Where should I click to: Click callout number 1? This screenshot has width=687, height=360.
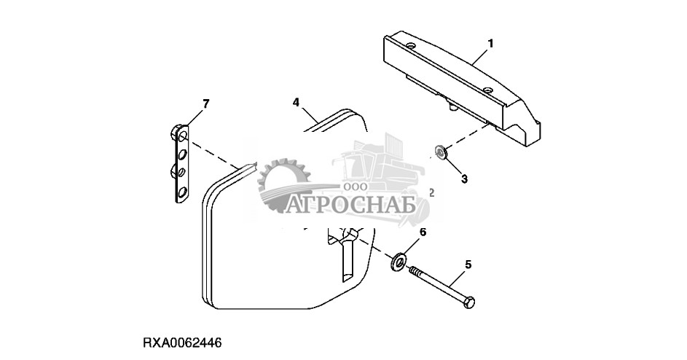pos(490,44)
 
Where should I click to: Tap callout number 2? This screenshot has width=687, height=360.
pos(431,193)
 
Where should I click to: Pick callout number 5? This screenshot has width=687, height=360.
pos(468,266)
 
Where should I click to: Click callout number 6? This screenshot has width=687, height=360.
pos(422,232)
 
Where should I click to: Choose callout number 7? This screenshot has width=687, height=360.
pos(205,104)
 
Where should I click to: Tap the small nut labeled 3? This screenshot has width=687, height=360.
pos(439,152)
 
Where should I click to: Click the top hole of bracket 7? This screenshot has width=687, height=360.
pos(182,136)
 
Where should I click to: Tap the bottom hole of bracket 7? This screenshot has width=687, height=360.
pos(182,193)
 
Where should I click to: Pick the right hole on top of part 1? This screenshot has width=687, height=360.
pos(487,91)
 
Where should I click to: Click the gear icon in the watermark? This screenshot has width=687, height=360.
pos(283,185)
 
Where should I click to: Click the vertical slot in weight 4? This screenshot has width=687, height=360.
pos(345,259)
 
